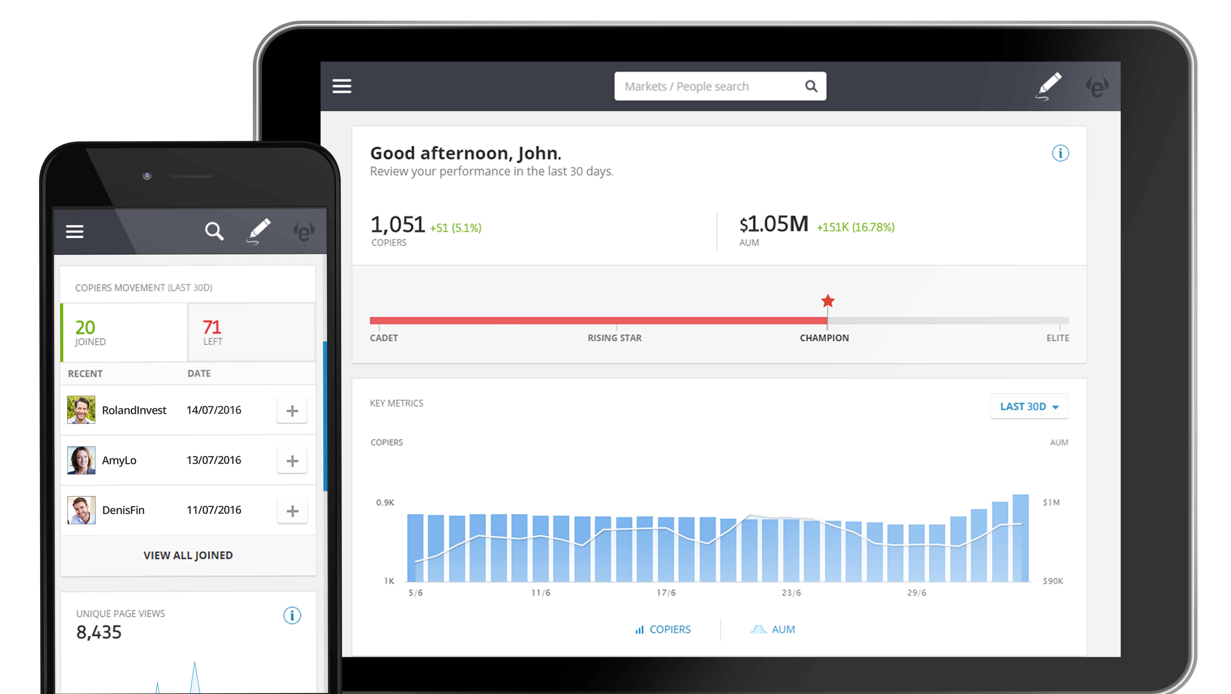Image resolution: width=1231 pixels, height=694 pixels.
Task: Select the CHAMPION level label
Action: [824, 338]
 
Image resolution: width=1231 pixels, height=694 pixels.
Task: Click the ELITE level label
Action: [1058, 338]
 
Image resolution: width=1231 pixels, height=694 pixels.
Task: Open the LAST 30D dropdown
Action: [1029, 407]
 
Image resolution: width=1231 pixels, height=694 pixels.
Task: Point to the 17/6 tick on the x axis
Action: [666, 593]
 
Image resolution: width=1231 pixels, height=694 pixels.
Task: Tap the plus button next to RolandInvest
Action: [292, 410]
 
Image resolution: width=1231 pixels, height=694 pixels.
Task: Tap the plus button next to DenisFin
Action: [292, 511]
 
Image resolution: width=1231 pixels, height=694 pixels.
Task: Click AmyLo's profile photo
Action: [81, 460]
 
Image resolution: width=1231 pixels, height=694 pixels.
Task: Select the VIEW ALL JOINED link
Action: [188, 555]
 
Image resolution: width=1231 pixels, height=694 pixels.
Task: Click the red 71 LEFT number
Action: [212, 327]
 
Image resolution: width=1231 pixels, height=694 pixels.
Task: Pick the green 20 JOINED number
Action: [85, 327]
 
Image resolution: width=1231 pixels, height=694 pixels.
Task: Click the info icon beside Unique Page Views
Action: [292, 615]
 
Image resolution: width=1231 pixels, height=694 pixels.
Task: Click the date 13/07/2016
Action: [214, 460]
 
